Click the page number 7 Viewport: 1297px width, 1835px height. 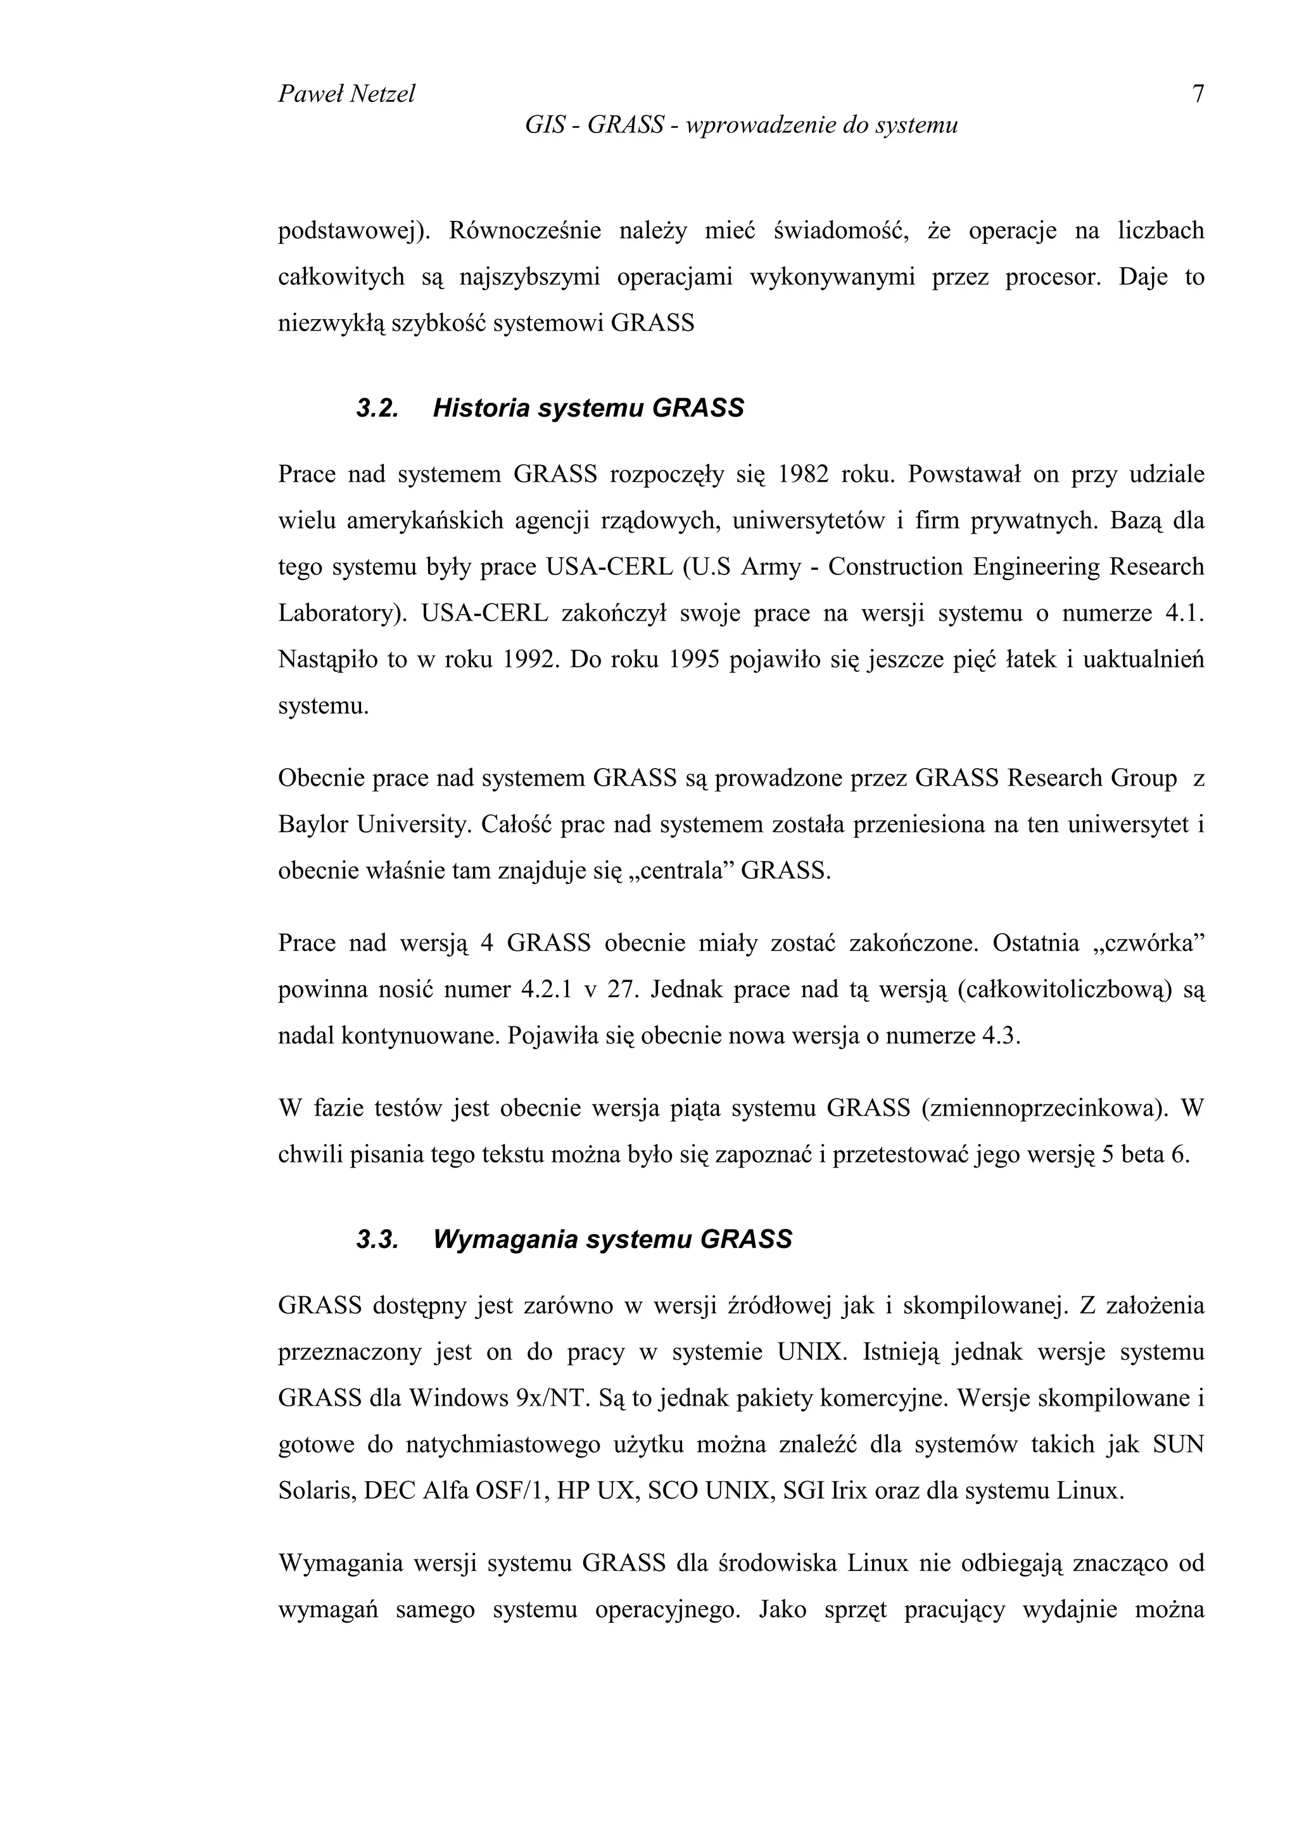(x=1197, y=95)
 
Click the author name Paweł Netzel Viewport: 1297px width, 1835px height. (x=346, y=95)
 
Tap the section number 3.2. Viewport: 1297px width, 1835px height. (x=377, y=408)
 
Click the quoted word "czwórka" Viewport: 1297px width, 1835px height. (x=1148, y=944)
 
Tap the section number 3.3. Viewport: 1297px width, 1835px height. (x=377, y=1240)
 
